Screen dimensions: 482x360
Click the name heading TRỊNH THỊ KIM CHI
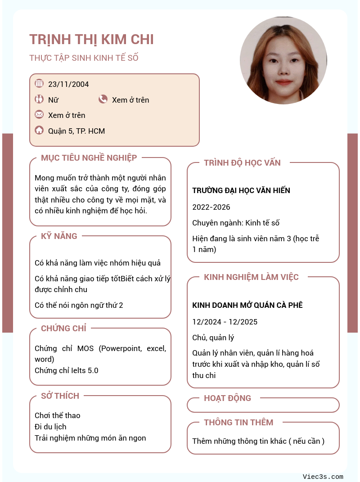coord(91,40)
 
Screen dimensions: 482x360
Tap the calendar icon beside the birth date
coord(39,83)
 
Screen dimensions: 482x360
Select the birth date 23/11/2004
coord(68,84)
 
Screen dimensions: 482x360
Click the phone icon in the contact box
coord(103,99)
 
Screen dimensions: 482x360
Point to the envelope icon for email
coord(39,114)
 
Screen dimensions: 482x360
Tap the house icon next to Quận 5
coord(39,131)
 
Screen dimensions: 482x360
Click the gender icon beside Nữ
coord(39,99)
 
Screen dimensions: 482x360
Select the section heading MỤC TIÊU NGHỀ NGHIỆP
coord(89,158)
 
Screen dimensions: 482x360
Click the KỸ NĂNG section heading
coord(59,236)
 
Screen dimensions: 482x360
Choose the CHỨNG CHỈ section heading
coord(63,328)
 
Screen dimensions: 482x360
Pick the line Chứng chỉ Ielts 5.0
coord(66,370)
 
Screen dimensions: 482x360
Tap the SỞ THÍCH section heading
coord(60,396)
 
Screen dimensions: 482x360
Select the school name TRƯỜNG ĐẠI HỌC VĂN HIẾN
coord(241,190)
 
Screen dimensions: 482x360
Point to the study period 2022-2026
coord(211,207)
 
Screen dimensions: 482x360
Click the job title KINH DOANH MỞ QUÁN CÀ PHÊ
coord(247,305)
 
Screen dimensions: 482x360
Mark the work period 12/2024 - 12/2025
coord(225,322)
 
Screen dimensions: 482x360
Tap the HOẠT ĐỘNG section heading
coord(227,398)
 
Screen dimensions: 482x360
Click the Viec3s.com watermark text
coord(323,477)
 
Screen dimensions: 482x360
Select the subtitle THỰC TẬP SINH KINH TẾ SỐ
coord(84,58)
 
